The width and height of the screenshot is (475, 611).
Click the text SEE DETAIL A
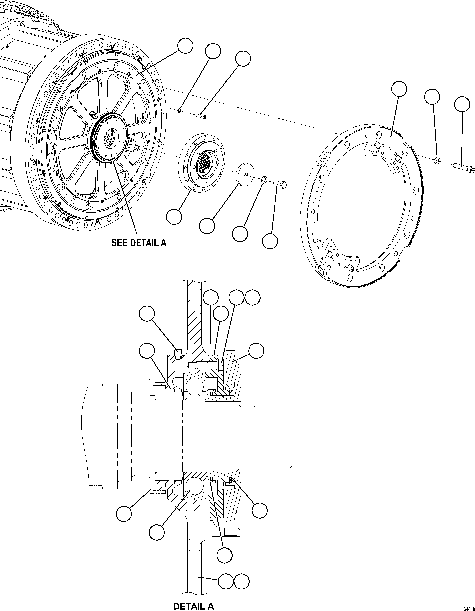(139, 243)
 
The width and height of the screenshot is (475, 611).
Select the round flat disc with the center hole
(246, 174)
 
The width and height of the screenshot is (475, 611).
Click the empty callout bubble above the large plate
(399, 89)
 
